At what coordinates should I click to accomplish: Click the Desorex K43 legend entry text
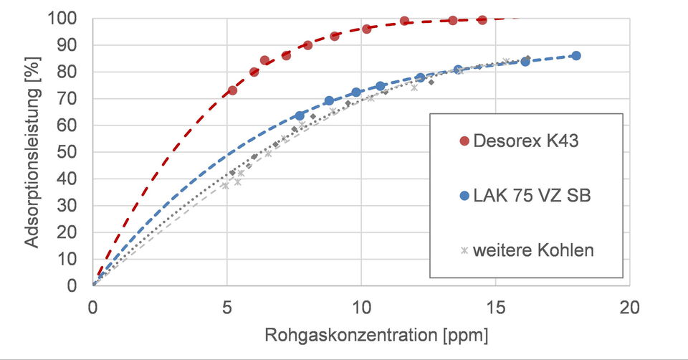pyautogui.click(x=525, y=141)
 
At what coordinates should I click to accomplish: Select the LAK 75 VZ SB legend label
pyautogui.click(x=532, y=195)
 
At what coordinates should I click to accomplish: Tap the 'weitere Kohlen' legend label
pyautogui.click(x=533, y=250)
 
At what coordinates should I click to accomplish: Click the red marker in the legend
pyautogui.click(x=464, y=141)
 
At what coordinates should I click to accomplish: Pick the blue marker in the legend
pyautogui.click(x=464, y=196)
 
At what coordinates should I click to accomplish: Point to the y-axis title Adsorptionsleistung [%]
pyautogui.click(x=32, y=152)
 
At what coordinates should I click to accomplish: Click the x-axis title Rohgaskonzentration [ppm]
pyautogui.click(x=376, y=335)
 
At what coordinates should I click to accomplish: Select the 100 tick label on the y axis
pyautogui.click(x=62, y=19)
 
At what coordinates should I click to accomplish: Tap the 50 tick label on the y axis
pyautogui.click(x=67, y=152)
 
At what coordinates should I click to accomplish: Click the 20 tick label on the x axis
pyautogui.click(x=630, y=308)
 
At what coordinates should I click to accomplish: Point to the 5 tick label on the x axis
pyautogui.click(x=227, y=308)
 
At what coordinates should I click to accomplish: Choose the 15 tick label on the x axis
pyautogui.click(x=495, y=308)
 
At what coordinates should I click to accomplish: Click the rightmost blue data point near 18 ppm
pyautogui.click(x=576, y=56)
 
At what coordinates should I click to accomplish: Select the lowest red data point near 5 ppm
pyautogui.click(x=232, y=90)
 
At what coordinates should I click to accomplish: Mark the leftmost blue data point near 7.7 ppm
pyautogui.click(x=300, y=116)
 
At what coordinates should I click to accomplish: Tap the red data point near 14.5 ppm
pyautogui.click(x=482, y=20)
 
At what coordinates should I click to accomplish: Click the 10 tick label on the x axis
pyautogui.click(x=361, y=308)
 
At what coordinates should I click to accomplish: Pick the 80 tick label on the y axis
pyautogui.click(x=67, y=72)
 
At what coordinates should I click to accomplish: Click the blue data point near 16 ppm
pyautogui.click(x=525, y=62)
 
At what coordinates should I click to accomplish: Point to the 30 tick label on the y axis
pyautogui.click(x=67, y=206)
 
